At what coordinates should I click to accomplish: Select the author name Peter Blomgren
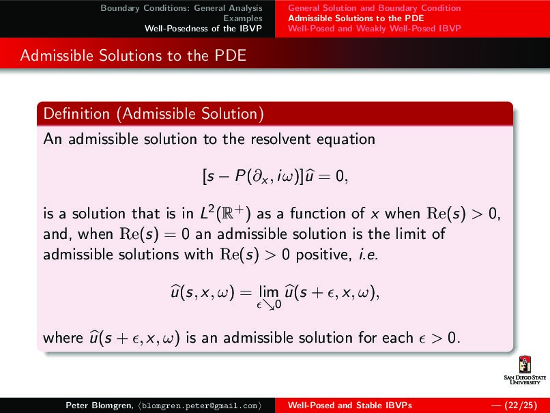[94, 405]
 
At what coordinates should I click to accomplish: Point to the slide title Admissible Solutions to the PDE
[132, 55]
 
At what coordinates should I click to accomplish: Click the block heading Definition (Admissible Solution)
[153, 113]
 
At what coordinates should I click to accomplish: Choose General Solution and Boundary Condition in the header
[374, 8]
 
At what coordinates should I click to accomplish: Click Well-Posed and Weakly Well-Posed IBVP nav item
[375, 28]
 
